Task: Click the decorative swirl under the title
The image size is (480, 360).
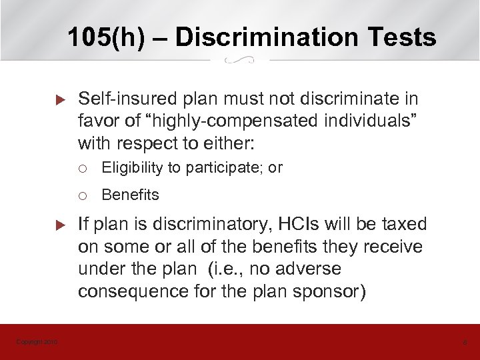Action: click(x=240, y=60)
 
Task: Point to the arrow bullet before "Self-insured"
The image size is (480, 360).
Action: click(x=57, y=100)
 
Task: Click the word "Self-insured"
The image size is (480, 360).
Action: click(x=118, y=99)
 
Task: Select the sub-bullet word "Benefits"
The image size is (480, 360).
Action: click(x=131, y=195)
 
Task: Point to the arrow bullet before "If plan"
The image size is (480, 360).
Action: click(x=57, y=225)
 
